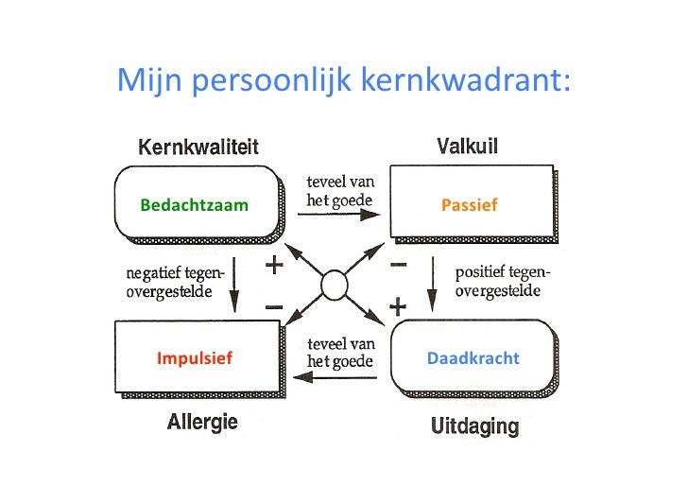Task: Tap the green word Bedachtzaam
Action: (194, 205)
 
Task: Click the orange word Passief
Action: (469, 205)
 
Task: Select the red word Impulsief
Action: (195, 359)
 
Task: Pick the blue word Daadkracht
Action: (473, 359)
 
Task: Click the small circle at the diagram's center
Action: (335, 284)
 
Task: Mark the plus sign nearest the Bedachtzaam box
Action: (275, 266)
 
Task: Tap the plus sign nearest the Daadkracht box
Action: (399, 308)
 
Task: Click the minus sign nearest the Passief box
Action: (399, 266)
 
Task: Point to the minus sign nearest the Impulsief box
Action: (274, 308)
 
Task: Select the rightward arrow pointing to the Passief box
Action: (339, 216)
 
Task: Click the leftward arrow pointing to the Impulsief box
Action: (336, 377)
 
